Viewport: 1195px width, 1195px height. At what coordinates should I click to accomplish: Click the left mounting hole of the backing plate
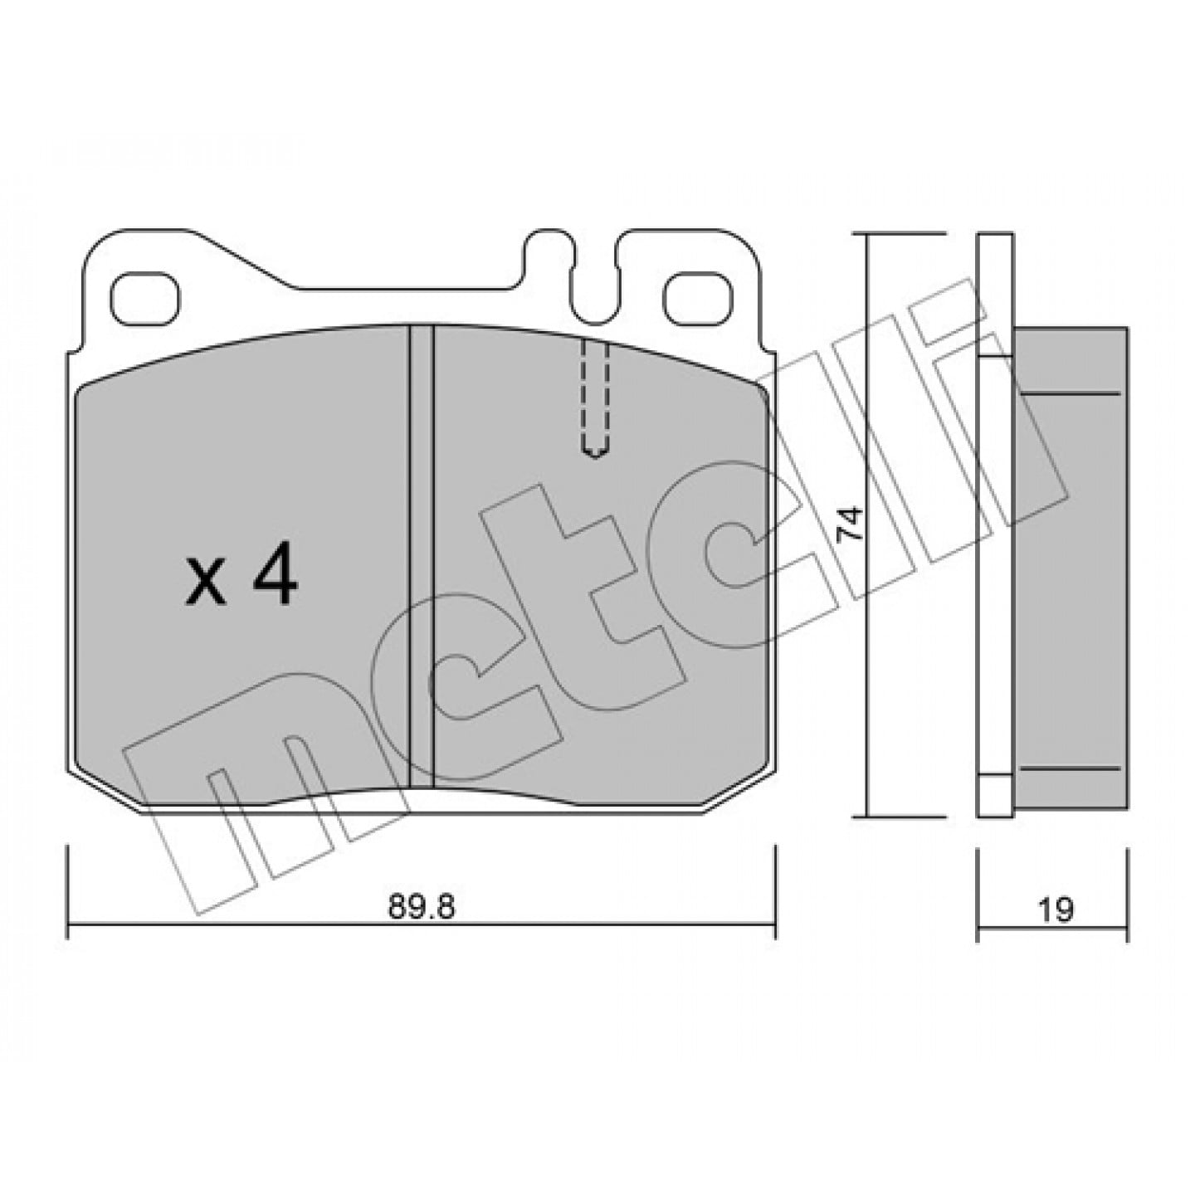[x=145, y=298]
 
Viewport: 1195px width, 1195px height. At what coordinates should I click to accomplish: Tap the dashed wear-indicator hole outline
[x=594, y=399]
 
